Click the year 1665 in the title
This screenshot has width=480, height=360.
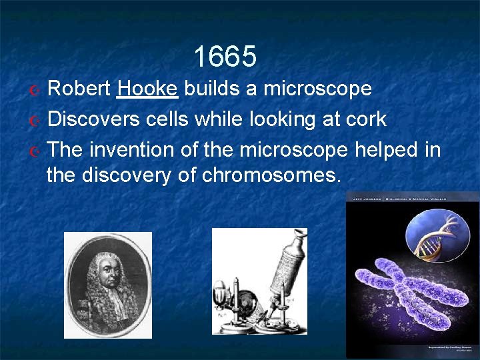coord(225,57)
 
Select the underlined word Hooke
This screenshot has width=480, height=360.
coord(147,89)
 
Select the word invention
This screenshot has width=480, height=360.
coord(133,150)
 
